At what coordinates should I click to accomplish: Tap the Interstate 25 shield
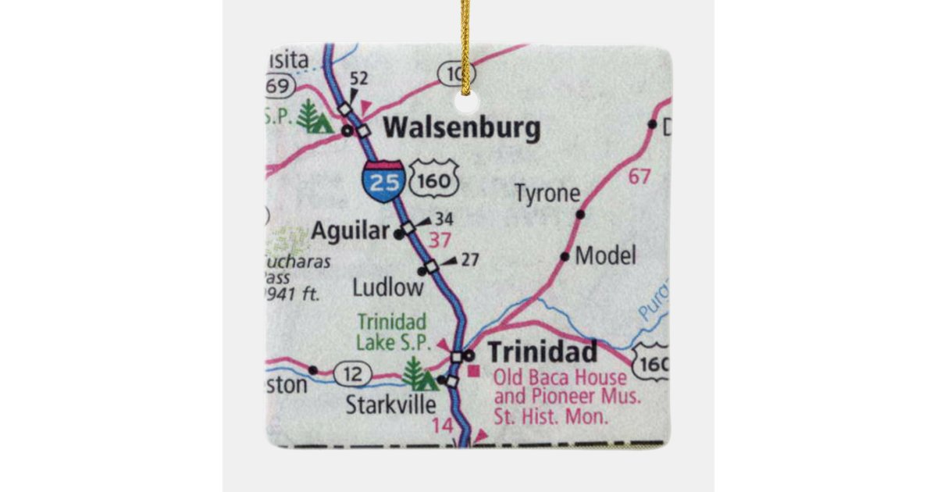pos(383,181)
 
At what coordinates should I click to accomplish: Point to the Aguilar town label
pos(350,231)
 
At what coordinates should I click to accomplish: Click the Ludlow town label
pos(388,287)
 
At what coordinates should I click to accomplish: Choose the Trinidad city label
pos(543,351)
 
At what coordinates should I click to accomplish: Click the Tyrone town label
pos(548,194)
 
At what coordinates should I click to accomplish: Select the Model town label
pos(606,255)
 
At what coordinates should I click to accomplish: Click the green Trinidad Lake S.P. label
pos(391,331)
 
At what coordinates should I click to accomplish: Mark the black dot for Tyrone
pos(580,214)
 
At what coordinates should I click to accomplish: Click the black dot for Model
pos(565,256)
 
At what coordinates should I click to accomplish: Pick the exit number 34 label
pos(444,219)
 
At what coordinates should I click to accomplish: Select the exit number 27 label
pos(469,260)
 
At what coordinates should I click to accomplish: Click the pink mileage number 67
pos(639,176)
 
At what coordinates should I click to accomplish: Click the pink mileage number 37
pos(440,240)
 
